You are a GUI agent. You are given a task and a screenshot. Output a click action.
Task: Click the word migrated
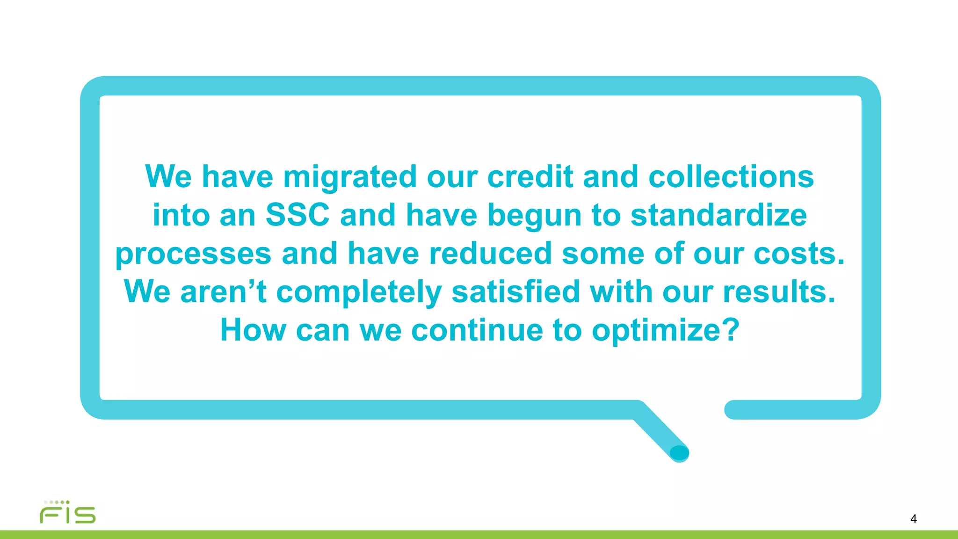point(349,177)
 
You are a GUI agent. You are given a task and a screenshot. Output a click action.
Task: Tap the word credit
point(530,177)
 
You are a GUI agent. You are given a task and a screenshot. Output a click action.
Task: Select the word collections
point(731,177)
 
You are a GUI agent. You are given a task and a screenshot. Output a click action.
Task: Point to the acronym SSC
point(298,215)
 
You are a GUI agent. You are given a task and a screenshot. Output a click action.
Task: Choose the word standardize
point(718,215)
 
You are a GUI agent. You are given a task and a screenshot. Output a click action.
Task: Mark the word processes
point(193,255)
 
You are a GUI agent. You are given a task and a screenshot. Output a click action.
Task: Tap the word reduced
point(490,254)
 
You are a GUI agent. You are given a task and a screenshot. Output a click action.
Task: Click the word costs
point(799,254)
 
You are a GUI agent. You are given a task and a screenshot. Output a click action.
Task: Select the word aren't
point(224,292)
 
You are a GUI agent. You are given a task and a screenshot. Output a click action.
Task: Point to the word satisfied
point(515,292)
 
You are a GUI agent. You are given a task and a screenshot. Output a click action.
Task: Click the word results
point(779,292)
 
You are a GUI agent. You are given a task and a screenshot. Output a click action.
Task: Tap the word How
point(253,330)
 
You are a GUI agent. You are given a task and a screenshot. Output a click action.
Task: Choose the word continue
point(477,330)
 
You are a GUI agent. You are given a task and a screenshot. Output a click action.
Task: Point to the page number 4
point(913,518)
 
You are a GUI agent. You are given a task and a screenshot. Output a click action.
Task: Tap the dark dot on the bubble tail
point(679,452)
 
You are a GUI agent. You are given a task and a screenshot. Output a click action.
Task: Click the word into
point(181,215)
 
